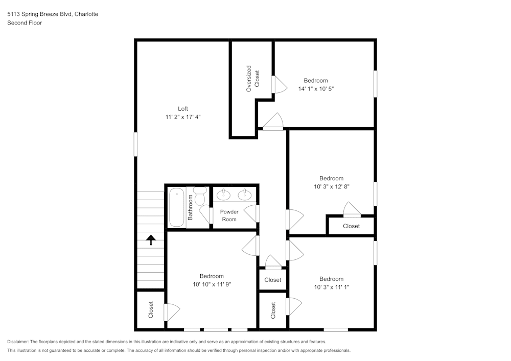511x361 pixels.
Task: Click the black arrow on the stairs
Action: click(151, 239)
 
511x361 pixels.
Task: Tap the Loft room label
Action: click(183, 109)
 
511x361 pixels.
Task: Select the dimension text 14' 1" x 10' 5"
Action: click(316, 89)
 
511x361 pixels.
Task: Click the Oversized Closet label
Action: click(252, 78)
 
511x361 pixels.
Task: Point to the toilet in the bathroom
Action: click(200, 195)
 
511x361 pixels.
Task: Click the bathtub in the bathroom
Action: click(177, 207)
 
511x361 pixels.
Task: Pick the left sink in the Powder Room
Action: click(223, 194)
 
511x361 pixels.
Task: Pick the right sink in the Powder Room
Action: click(246, 194)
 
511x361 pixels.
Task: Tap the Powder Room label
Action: click(229, 215)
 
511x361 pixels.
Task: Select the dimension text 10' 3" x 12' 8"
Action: click(331, 187)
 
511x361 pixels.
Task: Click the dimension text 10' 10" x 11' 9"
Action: click(212, 284)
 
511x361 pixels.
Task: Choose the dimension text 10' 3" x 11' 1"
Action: click(331, 287)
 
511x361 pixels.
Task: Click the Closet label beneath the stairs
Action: click(151, 310)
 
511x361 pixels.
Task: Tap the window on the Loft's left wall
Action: click(136, 144)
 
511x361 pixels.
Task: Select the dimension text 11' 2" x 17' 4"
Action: click(183, 117)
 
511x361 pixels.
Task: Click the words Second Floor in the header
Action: click(25, 23)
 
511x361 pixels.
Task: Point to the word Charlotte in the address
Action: click(86, 14)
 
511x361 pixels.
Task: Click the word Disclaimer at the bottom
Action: click(18, 342)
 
